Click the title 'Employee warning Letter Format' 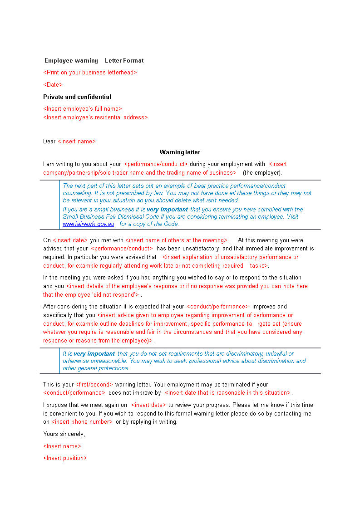pos(94,61)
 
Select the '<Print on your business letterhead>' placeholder pos(90,73)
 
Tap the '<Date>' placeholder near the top pos(53,85)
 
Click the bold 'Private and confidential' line pos(77,97)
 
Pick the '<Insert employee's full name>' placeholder pos(83,109)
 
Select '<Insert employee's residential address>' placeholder pos(95,117)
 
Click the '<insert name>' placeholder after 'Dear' pos(77,142)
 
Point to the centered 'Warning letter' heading pos(180,152)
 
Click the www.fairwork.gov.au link pos(89,224)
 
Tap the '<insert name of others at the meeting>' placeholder pos(176,240)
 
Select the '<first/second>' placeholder pos(94,385)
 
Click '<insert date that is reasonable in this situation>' pos(227,393)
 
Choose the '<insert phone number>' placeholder pos(82,422)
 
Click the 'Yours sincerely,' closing pos(64,434)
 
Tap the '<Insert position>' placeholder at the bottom pos(65,458)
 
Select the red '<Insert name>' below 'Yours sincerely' pos(62,446)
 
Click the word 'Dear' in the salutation pos(49,142)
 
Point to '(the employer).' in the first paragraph pos(262,173)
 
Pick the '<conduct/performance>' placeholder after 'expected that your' pos(217,307)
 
